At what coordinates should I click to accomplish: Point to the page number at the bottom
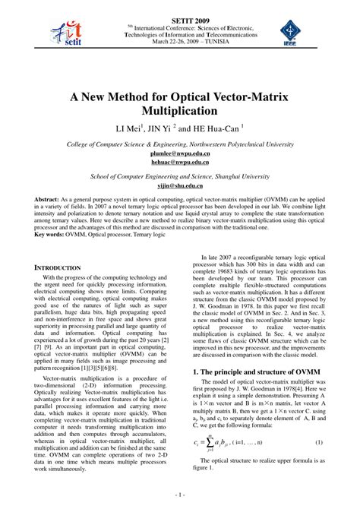point(180,494)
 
